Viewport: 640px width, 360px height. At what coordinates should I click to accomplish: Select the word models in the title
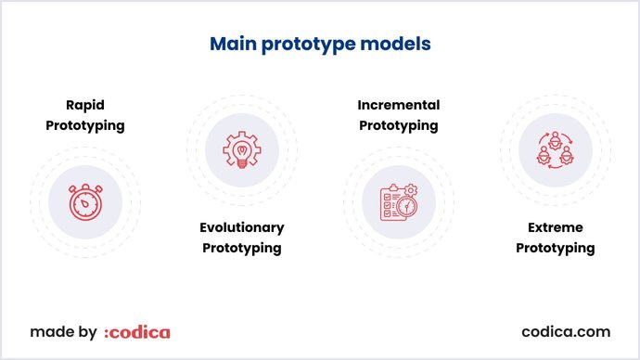[x=400, y=44]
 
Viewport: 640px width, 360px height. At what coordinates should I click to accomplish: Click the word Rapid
[x=84, y=105]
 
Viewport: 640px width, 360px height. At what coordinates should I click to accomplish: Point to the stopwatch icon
[x=84, y=201]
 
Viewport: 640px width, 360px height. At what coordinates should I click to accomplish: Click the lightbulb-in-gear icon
[x=241, y=148]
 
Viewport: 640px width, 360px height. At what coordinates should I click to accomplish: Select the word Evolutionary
[x=241, y=227]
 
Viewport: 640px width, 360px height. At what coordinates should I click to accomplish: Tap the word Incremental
[x=398, y=105]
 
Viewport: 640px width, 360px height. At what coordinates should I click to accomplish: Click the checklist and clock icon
[x=398, y=201]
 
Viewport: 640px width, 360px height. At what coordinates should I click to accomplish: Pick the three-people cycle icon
[x=555, y=148]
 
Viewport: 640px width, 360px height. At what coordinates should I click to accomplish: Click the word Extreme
[x=555, y=227]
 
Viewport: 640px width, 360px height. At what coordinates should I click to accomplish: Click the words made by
[x=63, y=331]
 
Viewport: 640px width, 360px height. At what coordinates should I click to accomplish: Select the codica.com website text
[x=566, y=331]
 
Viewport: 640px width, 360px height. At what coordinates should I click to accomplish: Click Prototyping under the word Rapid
[x=84, y=125]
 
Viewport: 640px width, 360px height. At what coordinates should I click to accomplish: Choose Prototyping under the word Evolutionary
[x=241, y=248]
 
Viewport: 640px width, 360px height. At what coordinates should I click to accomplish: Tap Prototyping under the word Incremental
[x=398, y=125]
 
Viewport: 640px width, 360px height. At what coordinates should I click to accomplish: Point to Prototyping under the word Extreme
[x=555, y=248]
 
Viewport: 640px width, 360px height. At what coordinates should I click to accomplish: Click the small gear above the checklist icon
[x=411, y=190]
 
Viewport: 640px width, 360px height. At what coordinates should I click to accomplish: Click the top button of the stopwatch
[x=84, y=186]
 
